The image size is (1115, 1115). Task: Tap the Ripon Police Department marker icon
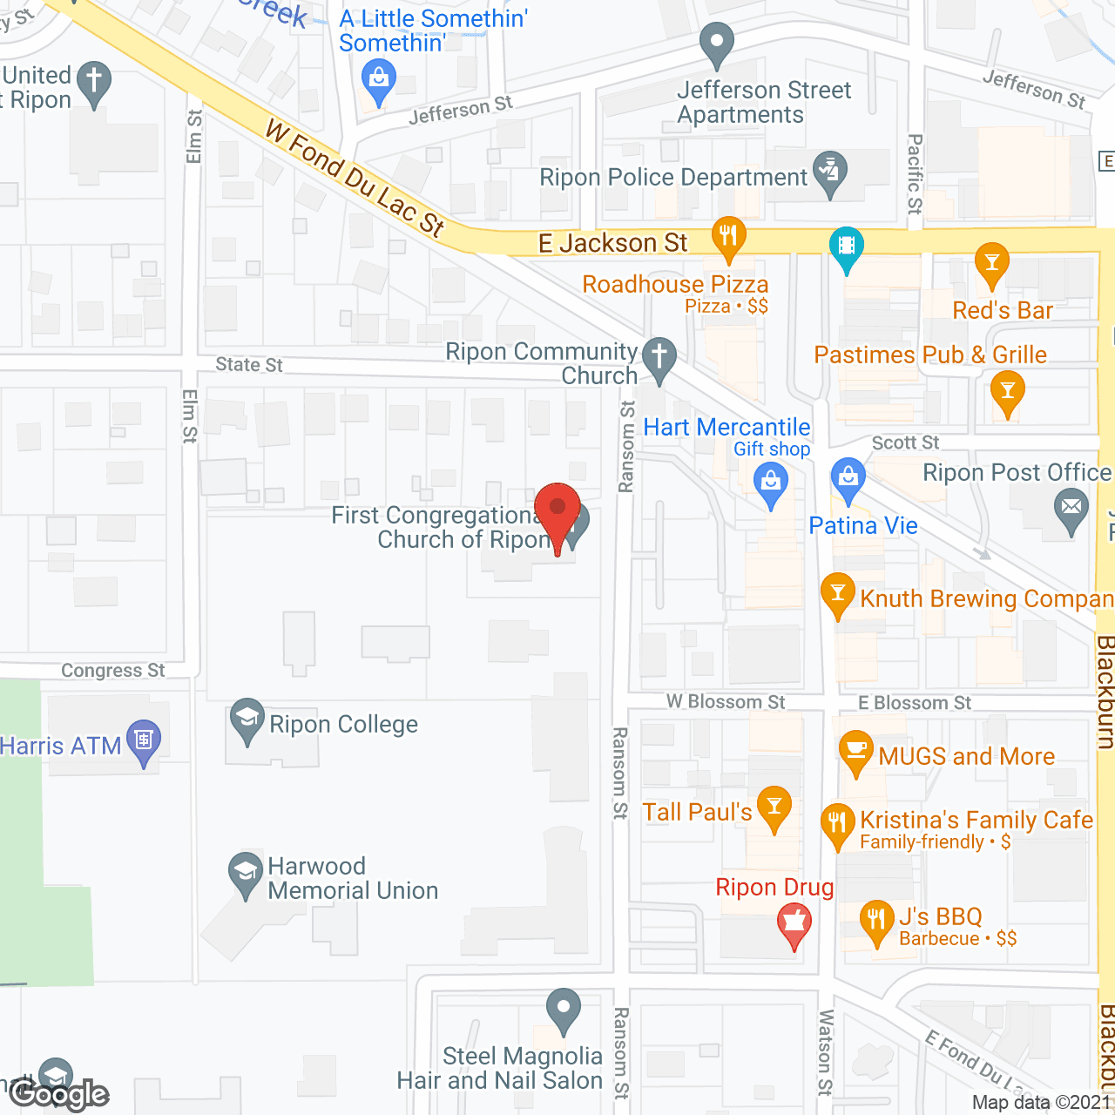pos(829,172)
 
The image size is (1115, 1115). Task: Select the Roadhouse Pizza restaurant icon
pos(728,236)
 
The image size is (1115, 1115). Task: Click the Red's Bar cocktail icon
pos(991,264)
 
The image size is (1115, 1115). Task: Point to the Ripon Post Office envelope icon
pos(1071,509)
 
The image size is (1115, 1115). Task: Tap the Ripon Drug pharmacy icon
pos(794,922)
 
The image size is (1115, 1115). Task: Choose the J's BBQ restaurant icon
pos(876,920)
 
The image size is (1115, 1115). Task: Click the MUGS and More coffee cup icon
pos(855,750)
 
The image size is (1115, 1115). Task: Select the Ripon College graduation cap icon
pos(247,719)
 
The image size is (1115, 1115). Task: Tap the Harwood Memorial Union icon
pos(246,871)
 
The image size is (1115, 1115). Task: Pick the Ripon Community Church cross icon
pos(659,357)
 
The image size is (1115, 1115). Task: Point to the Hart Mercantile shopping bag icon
pos(770,482)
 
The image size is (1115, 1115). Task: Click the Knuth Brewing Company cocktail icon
pos(837,593)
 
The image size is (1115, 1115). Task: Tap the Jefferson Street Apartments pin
pos(717,43)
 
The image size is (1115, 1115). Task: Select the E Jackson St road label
pos(613,243)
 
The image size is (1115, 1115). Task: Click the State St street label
pos(249,365)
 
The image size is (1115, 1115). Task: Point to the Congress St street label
pos(113,671)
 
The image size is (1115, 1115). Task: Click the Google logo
pos(59,1094)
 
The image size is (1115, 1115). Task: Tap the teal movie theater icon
pos(846,247)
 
